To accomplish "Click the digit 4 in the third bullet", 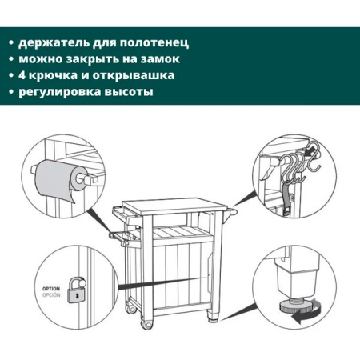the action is tap(22, 75).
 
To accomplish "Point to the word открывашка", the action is tap(134, 75).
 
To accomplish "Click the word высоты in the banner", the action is tap(129, 92).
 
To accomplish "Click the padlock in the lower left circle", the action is tap(77, 290).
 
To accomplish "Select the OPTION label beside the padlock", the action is tap(51, 289).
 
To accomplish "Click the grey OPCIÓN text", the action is tap(51, 295).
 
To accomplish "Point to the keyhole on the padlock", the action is tap(77, 295).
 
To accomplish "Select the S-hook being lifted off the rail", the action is tap(314, 157).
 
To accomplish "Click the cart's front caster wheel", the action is tap(146, 325).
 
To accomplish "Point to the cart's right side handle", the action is tap(230, 214).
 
